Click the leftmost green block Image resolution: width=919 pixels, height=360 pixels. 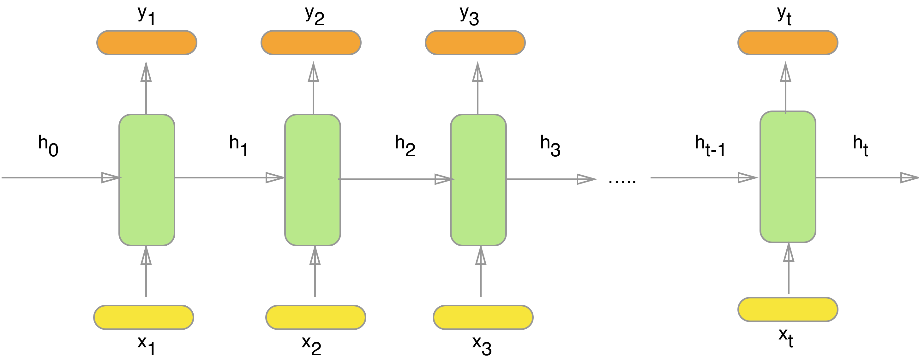[147, 180]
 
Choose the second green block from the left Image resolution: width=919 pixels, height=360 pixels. [313, 180]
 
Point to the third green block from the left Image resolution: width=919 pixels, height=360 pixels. [478, 180]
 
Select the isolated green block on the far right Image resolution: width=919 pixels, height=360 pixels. [788, 177]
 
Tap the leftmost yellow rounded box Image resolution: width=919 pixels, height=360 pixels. [143, 317]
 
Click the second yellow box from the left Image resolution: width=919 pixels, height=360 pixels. [316, 317]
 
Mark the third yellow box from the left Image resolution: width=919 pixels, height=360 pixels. [483, 317]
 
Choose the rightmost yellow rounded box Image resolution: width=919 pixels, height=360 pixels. [788, 309]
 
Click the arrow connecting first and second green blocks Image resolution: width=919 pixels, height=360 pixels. [228, 177]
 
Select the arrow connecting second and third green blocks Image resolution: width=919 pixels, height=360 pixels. [394, 179]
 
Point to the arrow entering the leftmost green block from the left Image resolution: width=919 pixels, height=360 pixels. [61, 177]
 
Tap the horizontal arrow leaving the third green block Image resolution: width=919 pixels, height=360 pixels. [550, 179]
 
